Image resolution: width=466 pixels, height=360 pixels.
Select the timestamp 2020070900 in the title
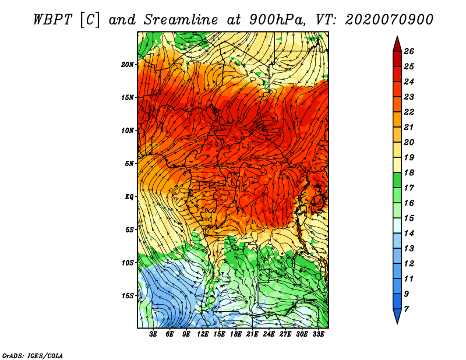click(x=389, y=19)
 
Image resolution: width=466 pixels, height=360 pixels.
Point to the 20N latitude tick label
click(x=128, y=64)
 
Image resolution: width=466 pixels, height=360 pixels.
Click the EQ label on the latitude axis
click(x=129, y=196)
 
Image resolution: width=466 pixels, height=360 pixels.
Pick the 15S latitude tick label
click(x=128, y=295)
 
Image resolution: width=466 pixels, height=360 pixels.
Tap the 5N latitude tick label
click(x=129, y=163)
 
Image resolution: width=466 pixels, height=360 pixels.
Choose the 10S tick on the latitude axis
click(x=128, y=263)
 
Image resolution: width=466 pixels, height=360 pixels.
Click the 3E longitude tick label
click(x=154, y=334)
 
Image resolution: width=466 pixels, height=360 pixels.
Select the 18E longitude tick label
click(x=236, y=334)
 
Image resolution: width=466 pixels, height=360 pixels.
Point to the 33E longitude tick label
click(x=318, y=334)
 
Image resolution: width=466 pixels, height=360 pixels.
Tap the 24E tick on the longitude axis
click(x=269, y=334)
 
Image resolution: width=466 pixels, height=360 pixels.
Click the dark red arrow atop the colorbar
click(x=396, y=43)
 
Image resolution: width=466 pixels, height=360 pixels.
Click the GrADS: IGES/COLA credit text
click(x=32, y=355)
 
